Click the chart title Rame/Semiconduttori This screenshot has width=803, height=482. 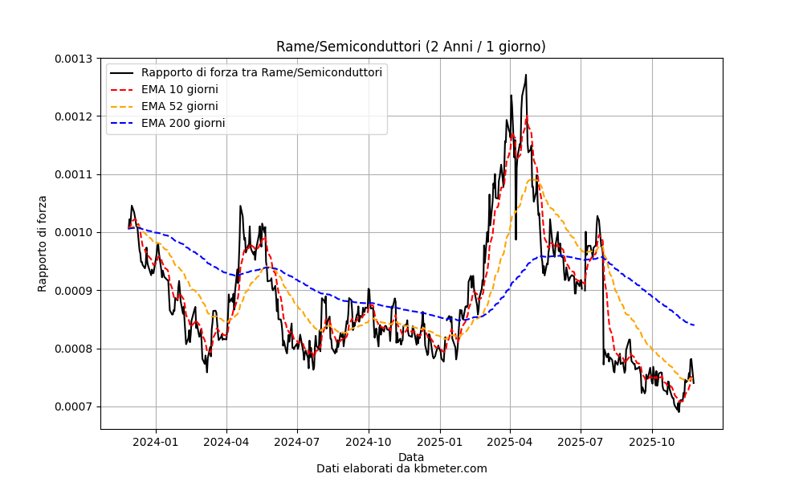tap(410, 47)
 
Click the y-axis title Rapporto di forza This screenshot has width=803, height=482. tap(42, 244)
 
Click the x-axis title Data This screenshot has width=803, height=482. tap(411, 457)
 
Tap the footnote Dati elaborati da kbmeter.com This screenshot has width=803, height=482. tap(401, 468)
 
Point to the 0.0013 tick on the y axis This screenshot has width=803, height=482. tap(74, 59)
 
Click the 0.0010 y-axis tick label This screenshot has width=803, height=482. tap(74, 232)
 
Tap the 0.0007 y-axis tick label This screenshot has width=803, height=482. tap(74, 407)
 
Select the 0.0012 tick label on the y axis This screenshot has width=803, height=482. tap(74, 116)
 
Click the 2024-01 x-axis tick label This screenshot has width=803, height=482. tap(156, 442)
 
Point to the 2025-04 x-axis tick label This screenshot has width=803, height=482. tap(510, 442)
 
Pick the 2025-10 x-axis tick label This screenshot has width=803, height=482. tap(652, 442)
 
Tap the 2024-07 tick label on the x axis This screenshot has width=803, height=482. tap(298, 442)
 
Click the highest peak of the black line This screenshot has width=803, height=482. tap(526, 75)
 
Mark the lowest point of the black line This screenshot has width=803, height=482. tap(679, 412)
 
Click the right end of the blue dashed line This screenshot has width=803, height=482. tap(694, 325)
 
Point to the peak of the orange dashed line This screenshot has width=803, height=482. tap(532, 179)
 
